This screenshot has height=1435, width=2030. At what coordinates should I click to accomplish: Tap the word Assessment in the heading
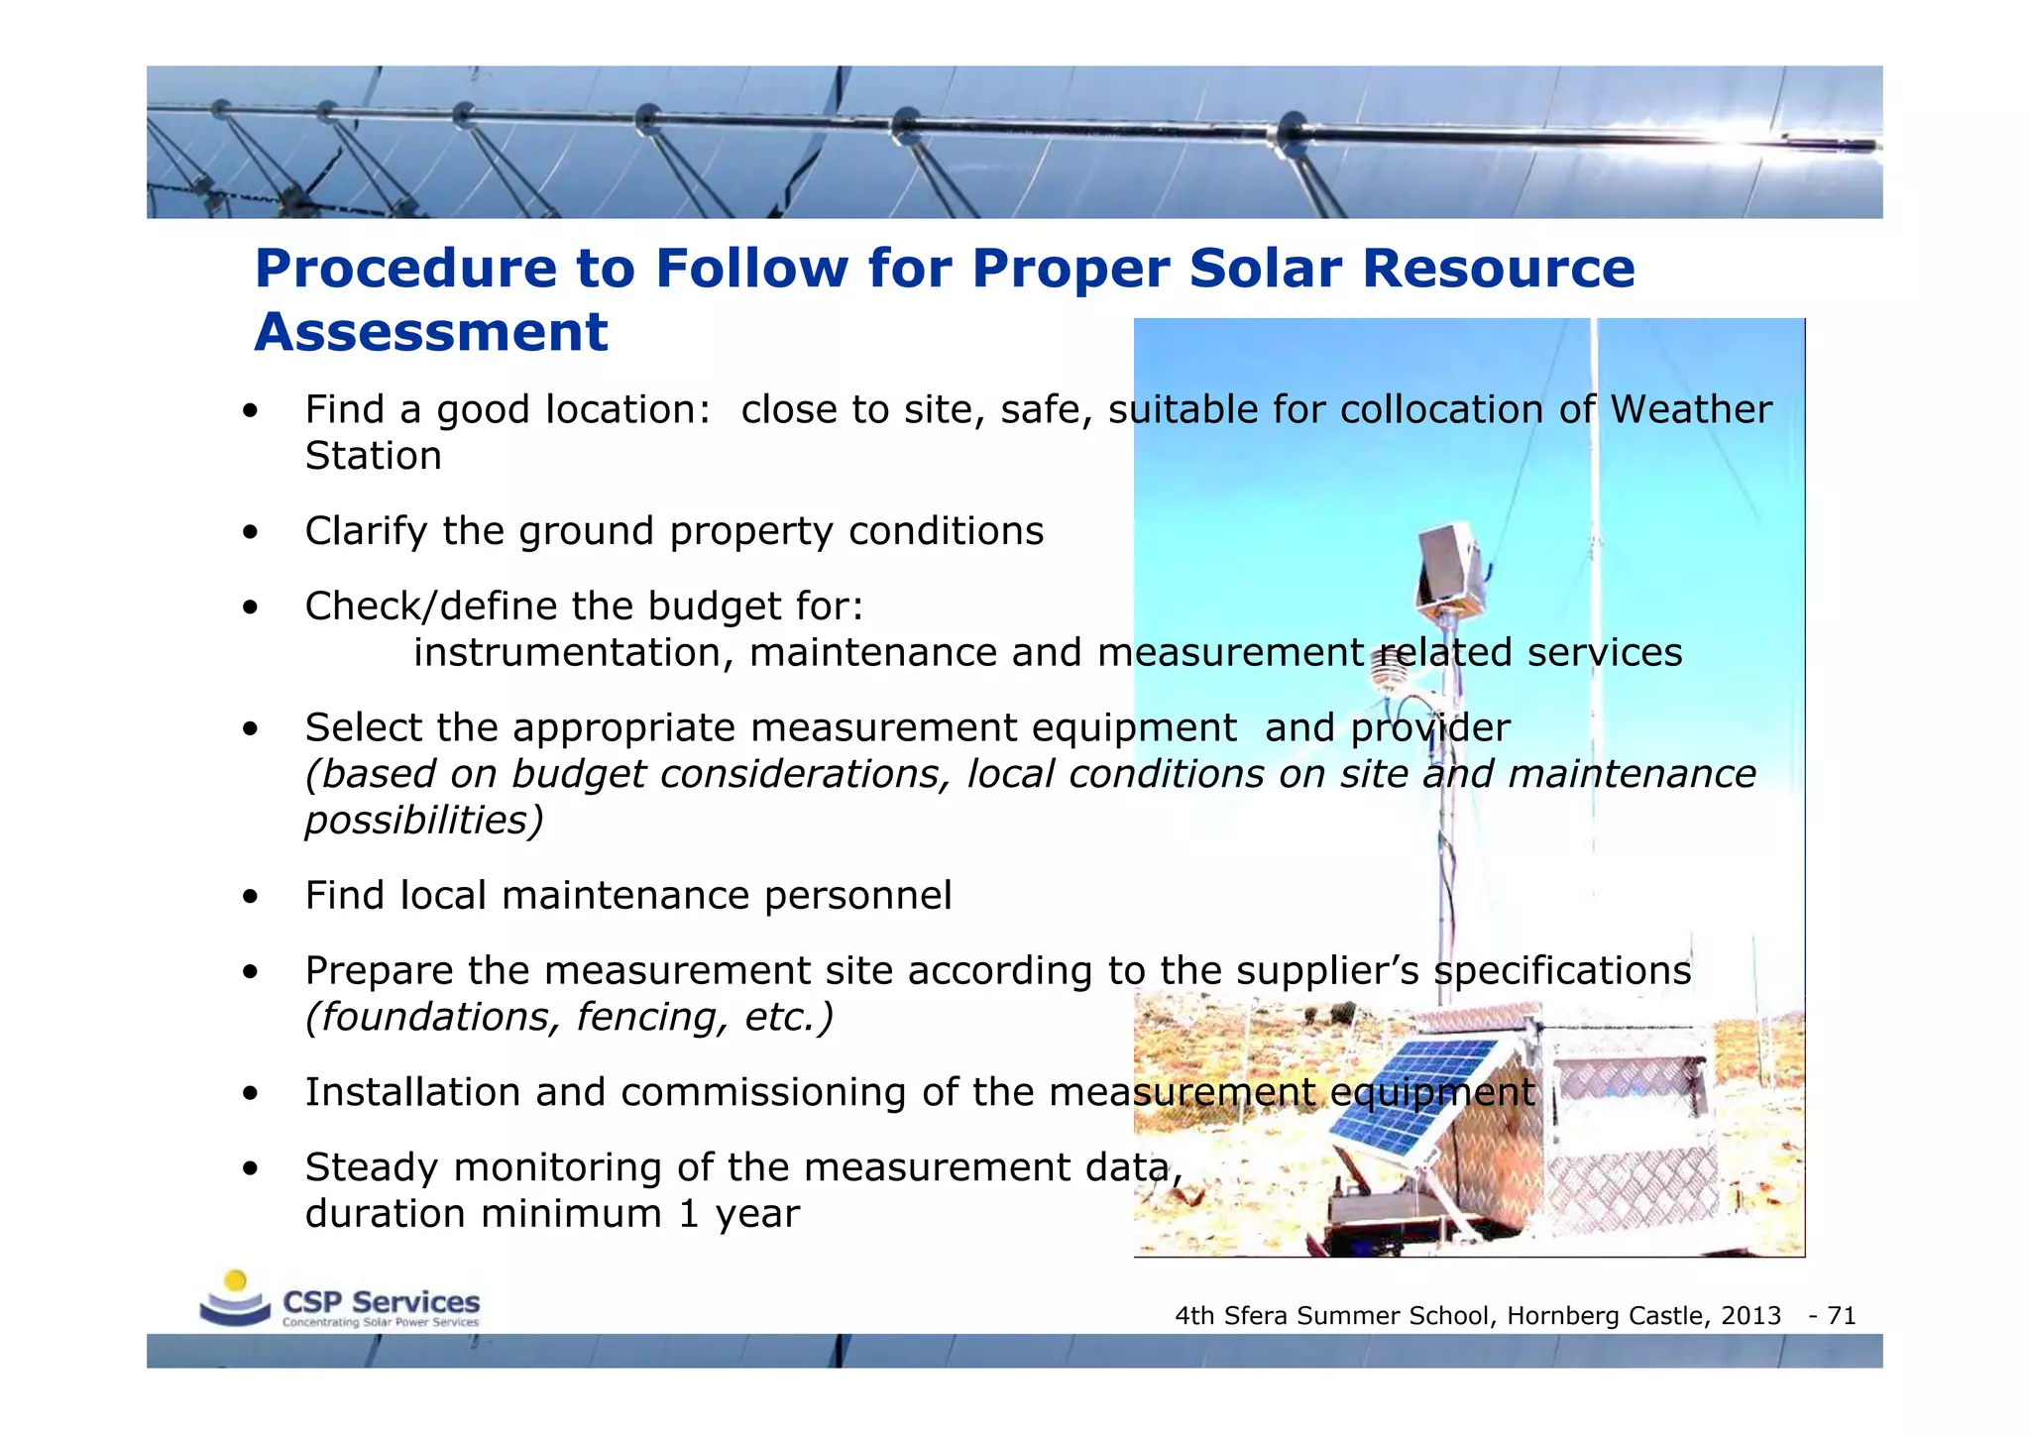[x=431, y=333]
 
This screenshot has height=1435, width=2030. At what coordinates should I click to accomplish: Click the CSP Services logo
[x=340, y=1300]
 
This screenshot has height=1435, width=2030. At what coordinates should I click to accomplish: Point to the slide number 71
[x=1841, y=1316]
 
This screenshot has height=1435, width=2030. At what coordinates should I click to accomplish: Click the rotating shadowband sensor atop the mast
[x=1451, y=566]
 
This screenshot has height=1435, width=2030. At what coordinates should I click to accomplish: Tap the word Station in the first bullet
[x=373, y=457]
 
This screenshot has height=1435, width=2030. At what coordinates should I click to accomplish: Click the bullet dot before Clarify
[x=251, y=533]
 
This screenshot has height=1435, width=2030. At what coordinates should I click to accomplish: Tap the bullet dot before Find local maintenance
[x=251, y=898]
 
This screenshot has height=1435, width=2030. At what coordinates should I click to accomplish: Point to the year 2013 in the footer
[x=1750, y=1316]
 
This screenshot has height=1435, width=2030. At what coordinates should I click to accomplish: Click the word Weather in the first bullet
[x=1690, y=410]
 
